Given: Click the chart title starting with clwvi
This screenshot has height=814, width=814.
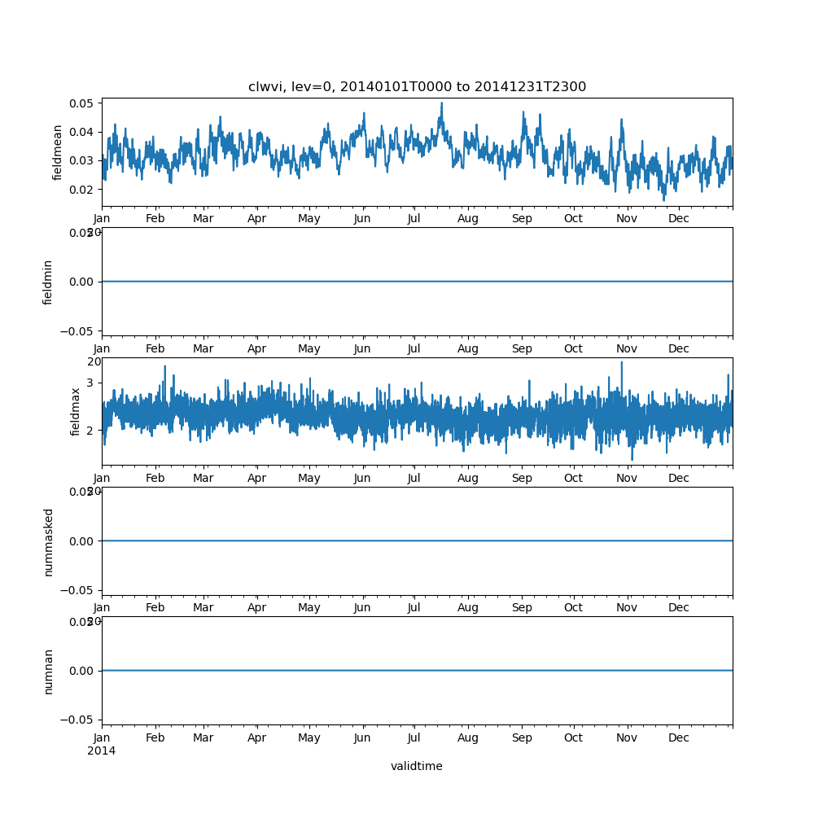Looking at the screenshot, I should point(417,87).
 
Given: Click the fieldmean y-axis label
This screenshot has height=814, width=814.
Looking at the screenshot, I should point(58,152).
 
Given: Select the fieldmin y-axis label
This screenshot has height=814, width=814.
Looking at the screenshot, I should point(48,282).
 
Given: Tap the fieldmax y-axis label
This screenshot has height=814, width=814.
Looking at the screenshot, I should point(76,411).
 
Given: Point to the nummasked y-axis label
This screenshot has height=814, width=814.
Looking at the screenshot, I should point(48,541).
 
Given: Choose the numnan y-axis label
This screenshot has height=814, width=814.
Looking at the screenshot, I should point(48,671).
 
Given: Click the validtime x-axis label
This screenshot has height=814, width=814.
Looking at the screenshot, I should point(417,766).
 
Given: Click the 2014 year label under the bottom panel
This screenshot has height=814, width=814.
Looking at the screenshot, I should point(101,751).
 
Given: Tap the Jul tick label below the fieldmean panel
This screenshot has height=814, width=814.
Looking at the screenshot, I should point(414,219).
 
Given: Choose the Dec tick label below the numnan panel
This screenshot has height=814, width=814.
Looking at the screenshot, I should point(679,738).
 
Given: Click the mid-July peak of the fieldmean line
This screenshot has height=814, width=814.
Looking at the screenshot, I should point(441,103).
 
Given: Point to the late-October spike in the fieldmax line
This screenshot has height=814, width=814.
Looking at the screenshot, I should point(622,363).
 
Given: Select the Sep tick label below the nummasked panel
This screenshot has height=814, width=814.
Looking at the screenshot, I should point(522,608).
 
